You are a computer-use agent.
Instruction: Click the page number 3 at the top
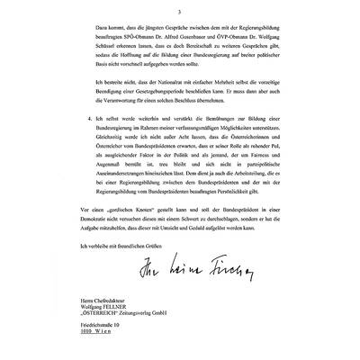(x=180, y=12)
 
